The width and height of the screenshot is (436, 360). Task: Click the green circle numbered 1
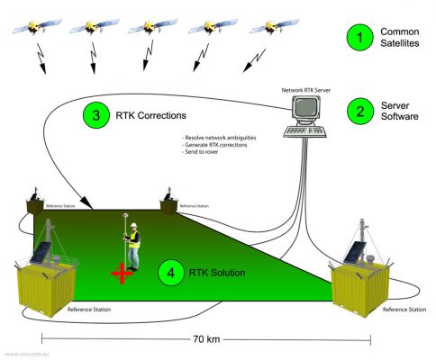coord(360,37)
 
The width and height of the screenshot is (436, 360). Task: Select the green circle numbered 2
coord(360,113)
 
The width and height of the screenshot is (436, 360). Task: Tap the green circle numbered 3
coord(94,115)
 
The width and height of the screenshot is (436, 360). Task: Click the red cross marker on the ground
coord(118,271)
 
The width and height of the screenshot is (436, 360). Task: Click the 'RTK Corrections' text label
coord(150,116)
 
